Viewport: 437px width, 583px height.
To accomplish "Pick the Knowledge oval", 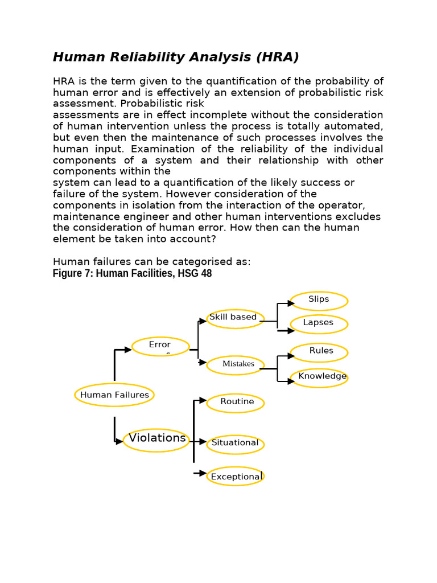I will pos(319,377).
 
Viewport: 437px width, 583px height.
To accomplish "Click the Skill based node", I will pos(235,318).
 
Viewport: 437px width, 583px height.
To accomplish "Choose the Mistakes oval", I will pos(235,365).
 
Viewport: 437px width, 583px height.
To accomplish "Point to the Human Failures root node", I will pos(114,395).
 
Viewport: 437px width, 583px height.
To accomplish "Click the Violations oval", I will pos(156,440).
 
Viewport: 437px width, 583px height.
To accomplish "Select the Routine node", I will pos(235,403).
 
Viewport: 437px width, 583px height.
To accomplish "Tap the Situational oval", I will pos(235,444).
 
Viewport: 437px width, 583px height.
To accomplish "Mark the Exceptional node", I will pos(235,476).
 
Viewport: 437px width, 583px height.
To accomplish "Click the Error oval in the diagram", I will pos(160,346).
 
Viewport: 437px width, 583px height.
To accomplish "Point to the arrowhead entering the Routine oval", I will pos(204,401).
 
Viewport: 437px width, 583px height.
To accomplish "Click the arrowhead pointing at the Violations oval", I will pos(119,441).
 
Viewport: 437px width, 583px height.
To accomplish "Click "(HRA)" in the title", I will pos(277,57).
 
